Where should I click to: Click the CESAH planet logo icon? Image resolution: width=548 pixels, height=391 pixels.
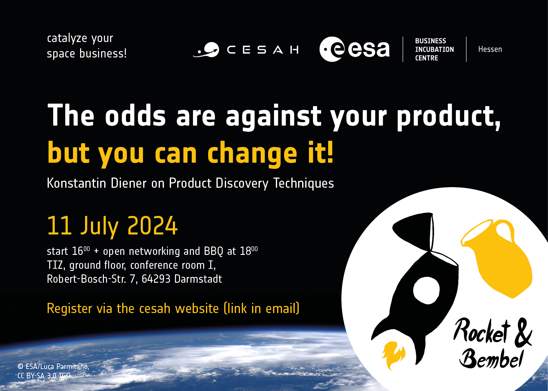point(206,50)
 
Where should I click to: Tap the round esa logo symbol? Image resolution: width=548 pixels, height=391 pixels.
point(332,49)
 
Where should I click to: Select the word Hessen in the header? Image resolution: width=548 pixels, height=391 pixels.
point(490,49)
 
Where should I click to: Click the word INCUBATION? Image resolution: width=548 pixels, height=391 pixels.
point(434,49)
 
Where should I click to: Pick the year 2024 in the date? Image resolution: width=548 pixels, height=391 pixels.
point(152,226)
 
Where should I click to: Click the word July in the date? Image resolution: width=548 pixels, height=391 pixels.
point(100,227)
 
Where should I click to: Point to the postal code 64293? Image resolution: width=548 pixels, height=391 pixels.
point(156,279)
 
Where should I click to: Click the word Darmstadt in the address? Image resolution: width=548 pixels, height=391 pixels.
point(198,279)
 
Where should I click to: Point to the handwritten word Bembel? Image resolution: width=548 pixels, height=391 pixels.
point(491,359)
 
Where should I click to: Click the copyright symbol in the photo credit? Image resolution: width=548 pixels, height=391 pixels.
point(20,367)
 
